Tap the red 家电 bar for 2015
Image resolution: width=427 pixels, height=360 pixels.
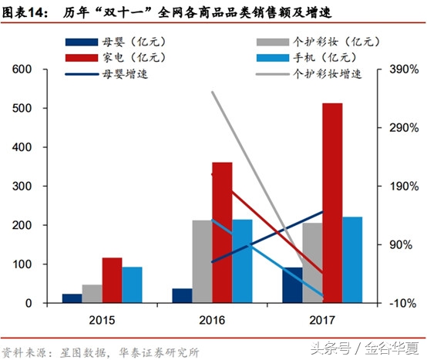(112, 280)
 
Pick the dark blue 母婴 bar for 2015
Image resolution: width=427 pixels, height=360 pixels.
(72, 298)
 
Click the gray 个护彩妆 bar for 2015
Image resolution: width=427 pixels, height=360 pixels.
(92, 294)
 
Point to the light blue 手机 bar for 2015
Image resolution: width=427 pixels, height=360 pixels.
(132, 284)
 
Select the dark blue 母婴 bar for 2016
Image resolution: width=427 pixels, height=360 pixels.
(182, 295)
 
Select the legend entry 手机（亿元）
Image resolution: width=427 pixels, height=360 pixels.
(324, 58)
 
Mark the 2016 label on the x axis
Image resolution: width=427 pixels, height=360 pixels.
(212, 318)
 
